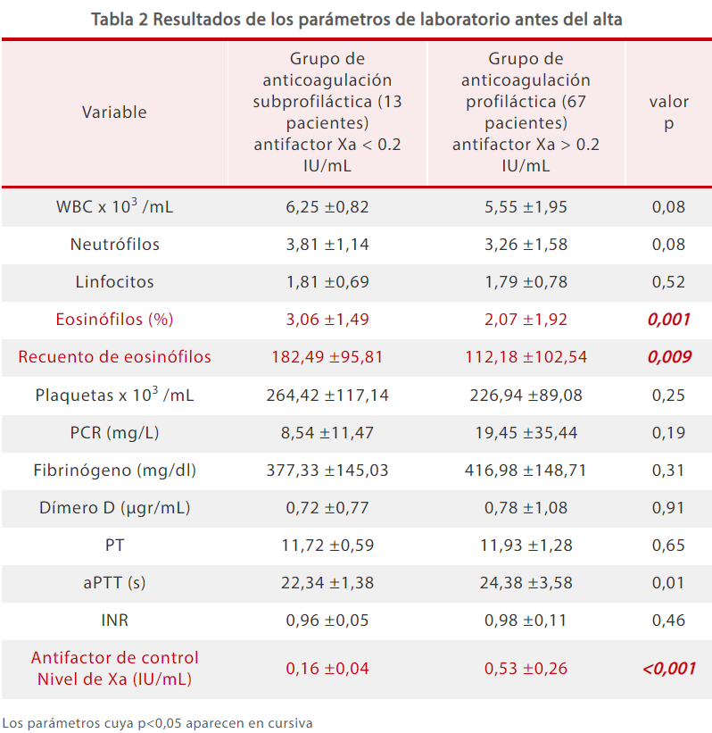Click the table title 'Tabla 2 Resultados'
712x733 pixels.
tap(356, 19)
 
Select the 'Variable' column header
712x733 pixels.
tap(114, 112)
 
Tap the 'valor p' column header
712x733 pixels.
tap(668, 113)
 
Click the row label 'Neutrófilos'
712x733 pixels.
tap(115, 245)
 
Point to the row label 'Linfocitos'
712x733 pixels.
tap(115, 282)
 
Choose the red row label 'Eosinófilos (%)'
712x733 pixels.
tap(115, 320)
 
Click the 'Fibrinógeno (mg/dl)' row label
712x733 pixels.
tap(115, 470)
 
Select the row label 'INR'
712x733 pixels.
tap(115, 620)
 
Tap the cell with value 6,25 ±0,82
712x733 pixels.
tap(327, 207)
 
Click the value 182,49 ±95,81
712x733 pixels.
tap(327, 357)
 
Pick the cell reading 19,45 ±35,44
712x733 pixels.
tap(526, 432)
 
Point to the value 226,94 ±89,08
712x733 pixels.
tap(526, 395)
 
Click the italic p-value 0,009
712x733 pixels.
tap(668, 357)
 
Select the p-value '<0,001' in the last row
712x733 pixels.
tap(668, 668)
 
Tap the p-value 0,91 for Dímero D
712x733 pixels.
tap(668, 507)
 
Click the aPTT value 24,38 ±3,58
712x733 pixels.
tap(526, 582)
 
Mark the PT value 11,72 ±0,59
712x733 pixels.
tap(327, 545)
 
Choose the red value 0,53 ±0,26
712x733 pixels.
tap(526, 668)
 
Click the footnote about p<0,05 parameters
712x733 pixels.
tap(157, 722)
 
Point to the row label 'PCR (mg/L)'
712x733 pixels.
tap(115, 432)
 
